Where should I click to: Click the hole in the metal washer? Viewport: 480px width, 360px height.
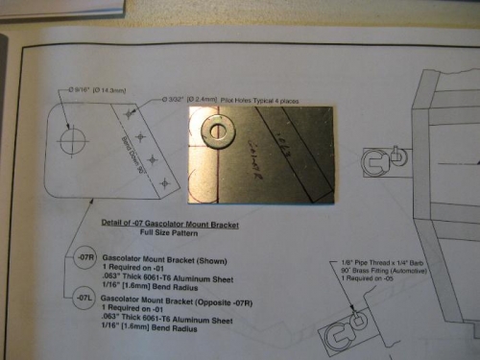[220, 131]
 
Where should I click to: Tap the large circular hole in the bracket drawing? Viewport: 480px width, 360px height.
[73, 140]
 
